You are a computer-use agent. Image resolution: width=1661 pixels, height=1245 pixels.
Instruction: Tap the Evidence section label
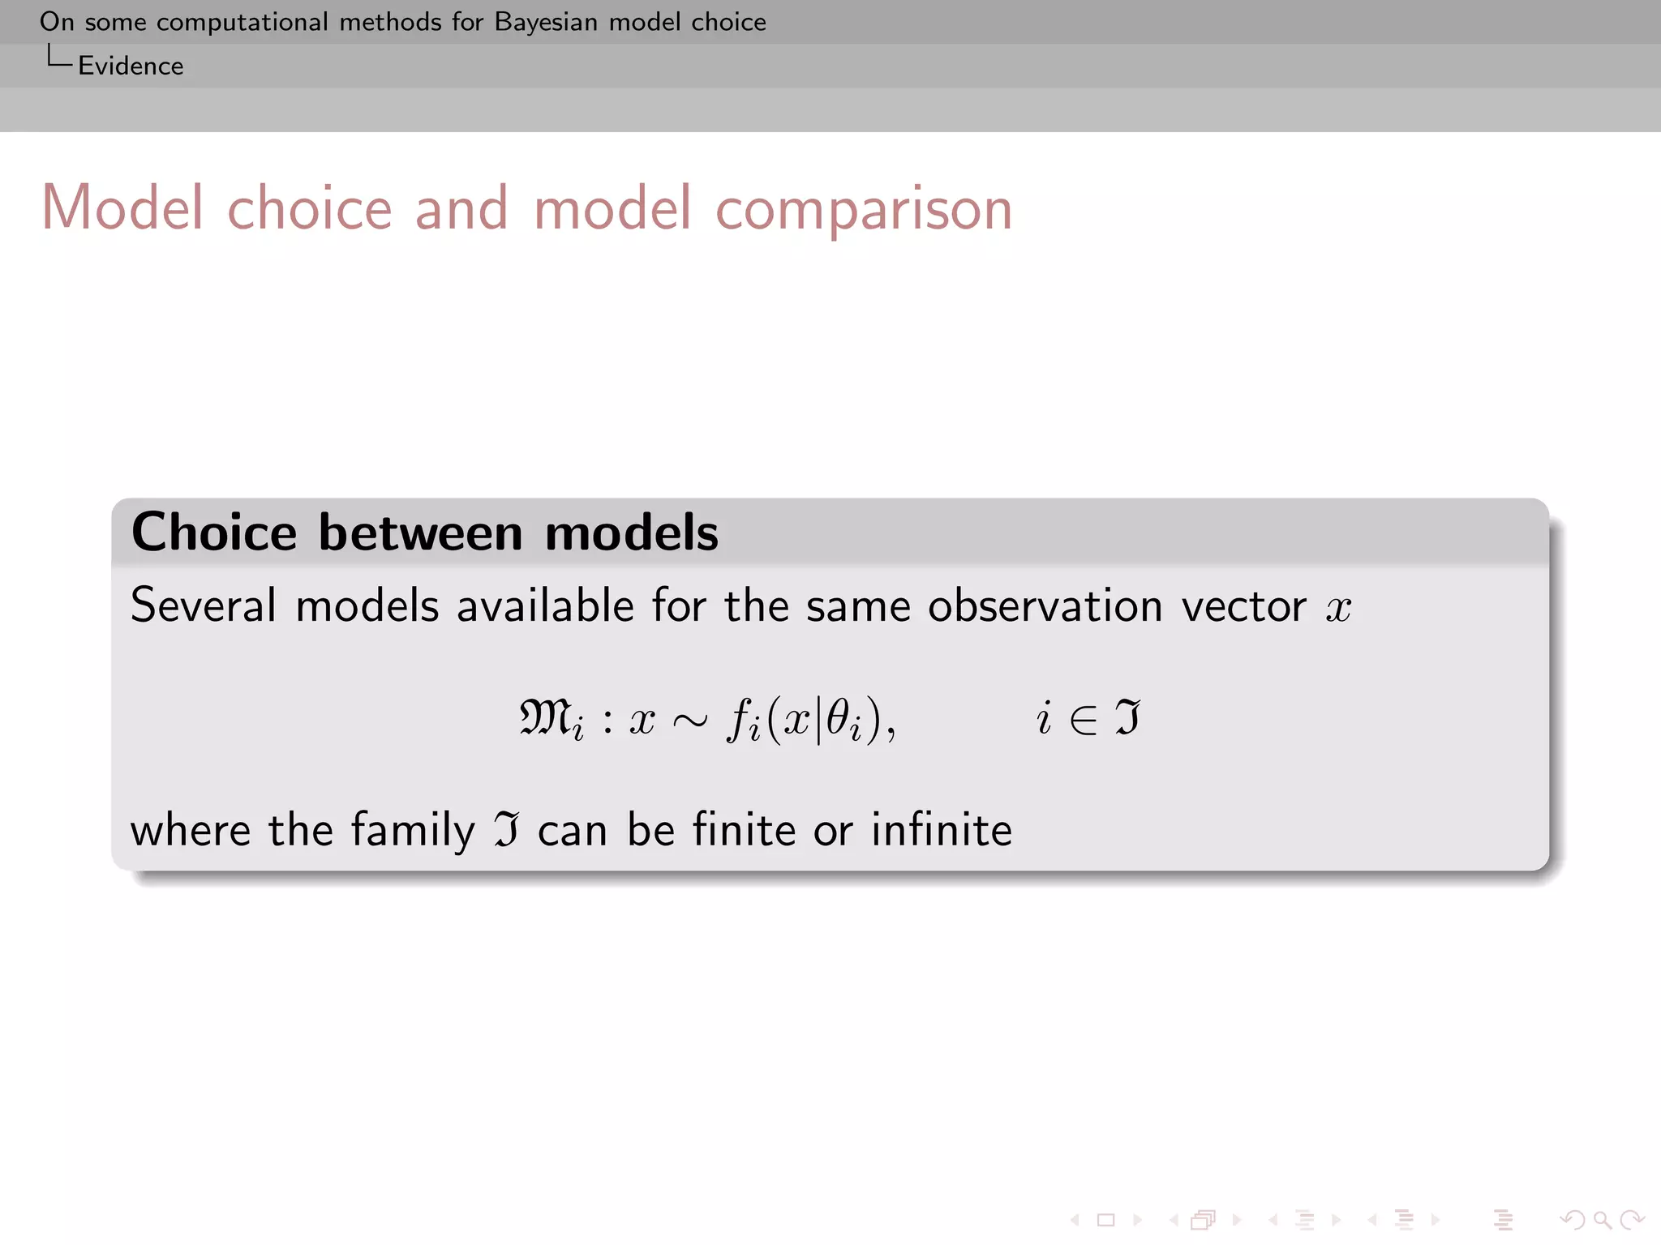131,66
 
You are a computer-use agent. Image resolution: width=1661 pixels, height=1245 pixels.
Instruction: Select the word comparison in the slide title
864,209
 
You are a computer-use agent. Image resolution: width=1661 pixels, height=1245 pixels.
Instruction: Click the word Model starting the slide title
122,207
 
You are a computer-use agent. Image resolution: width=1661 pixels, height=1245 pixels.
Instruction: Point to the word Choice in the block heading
214,533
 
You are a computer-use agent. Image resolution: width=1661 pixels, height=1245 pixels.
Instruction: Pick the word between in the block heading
421,533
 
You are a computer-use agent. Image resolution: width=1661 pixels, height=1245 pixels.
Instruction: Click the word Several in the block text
204,605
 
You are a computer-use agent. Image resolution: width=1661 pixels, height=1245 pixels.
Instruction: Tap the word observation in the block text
1045,605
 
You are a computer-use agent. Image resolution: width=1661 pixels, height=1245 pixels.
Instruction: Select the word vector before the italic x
1243,606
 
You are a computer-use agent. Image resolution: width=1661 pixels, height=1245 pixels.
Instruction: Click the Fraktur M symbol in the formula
545,717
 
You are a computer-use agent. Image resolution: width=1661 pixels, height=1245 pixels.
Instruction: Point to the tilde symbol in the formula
690,720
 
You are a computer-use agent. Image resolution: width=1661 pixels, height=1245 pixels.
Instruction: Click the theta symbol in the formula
838,717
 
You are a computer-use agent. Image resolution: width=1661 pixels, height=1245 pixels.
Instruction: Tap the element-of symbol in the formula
1084,719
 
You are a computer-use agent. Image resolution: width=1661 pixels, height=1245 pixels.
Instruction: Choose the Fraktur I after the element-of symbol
1127,717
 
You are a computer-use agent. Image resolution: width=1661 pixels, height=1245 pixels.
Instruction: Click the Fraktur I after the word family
507,830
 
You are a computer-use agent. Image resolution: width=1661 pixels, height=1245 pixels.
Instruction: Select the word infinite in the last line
942,830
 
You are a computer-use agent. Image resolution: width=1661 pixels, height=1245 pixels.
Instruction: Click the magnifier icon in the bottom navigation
1602,1220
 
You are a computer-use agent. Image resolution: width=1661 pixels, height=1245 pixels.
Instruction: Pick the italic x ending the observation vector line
1338,608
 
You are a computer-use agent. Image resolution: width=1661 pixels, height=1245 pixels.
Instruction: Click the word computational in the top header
242,22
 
